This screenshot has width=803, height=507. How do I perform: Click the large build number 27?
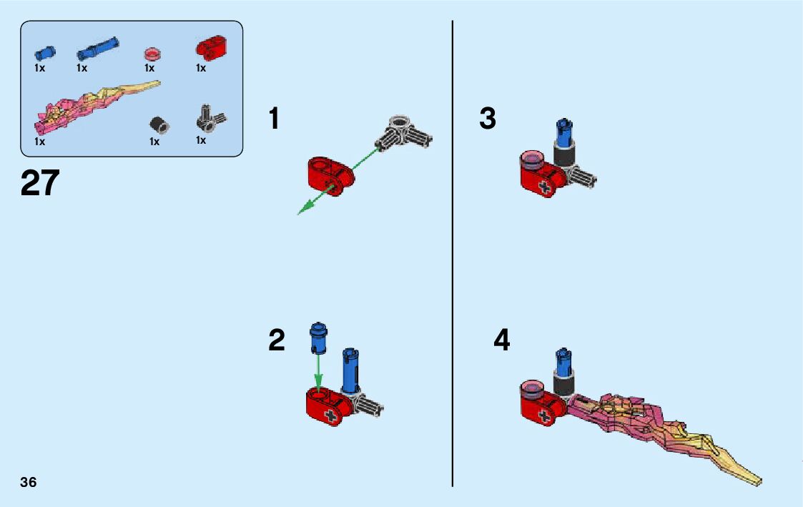pyautogui.click(x=40, y=183)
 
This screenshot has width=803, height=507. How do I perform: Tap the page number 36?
pyautogui.click(x=29, y=482)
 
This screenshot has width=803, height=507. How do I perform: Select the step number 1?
pyautogui.click(x=274, y=119)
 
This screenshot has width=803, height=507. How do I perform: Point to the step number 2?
pyautogui.click(x=277, y=340)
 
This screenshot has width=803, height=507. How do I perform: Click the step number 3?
pyautogui.click(x=488, y=119)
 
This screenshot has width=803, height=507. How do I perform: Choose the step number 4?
pyautogui.click(x=502, y=340)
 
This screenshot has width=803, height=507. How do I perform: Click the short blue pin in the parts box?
pyautogui.click(x=44, y=52)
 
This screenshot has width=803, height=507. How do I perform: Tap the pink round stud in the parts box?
pyautogui.click(x=150, y=54)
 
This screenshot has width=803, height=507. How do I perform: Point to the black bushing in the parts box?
pyautogui.click(x=159, y=125)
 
